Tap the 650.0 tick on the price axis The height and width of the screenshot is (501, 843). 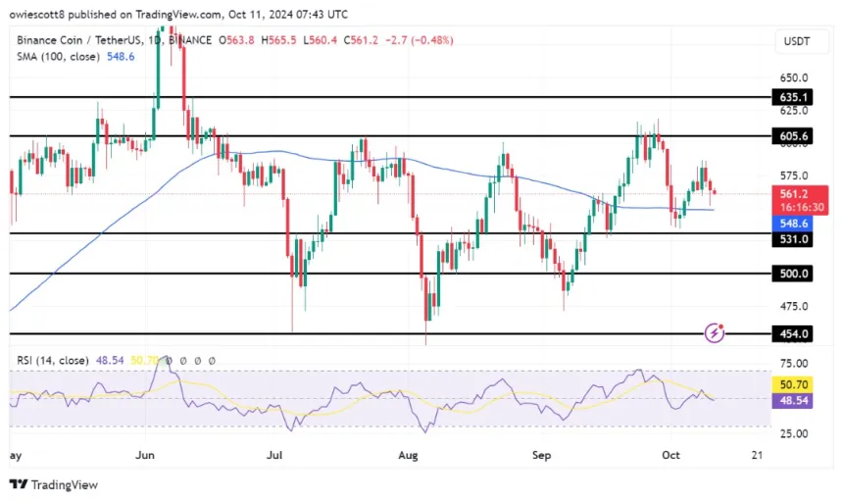click(x=794, y=77)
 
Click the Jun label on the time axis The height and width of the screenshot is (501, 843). click(x=145, y=455)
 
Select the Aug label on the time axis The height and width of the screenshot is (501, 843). click(x=409, y=455)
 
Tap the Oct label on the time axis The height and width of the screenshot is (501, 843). click(x=671, y=455)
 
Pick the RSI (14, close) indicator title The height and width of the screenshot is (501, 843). click(x=59, y=361)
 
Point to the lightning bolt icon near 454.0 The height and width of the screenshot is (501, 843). click(x=716, y=333)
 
